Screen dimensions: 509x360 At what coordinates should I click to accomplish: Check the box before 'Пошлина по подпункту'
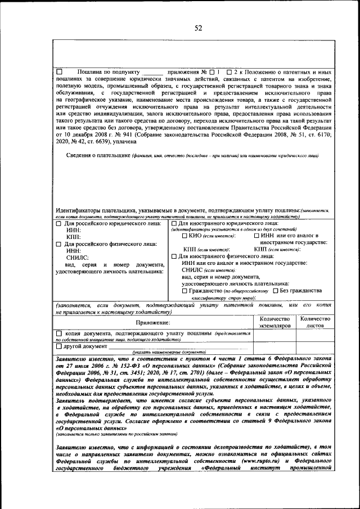click(59, 73)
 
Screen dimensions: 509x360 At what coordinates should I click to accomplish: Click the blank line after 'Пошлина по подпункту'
click(152, 74)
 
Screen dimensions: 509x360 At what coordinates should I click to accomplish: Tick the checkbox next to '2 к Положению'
click(229, 73)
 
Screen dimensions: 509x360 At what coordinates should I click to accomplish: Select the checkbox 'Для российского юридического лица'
click(59, 223)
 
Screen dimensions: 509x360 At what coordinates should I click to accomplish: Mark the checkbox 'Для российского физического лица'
click(59, 244)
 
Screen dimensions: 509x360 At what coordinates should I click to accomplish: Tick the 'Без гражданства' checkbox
click(275, 291)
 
